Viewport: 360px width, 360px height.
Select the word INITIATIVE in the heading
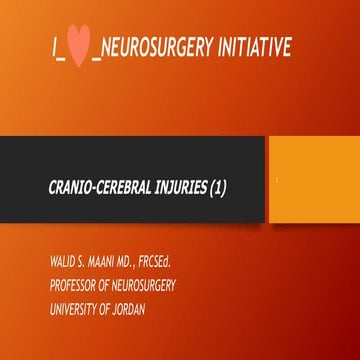tap(258, 47)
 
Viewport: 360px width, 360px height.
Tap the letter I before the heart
tap(55, 47)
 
